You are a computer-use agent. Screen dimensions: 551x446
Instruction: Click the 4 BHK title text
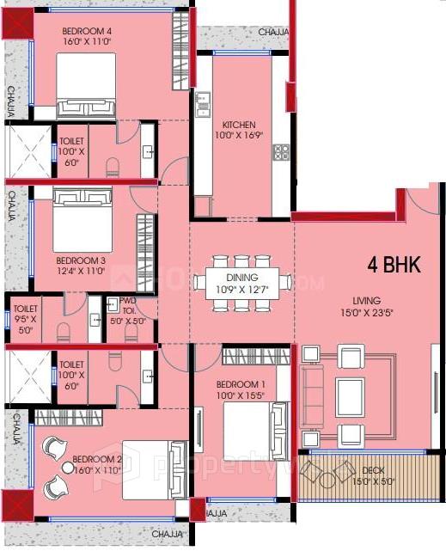pyautogui.click(x=394, y=264)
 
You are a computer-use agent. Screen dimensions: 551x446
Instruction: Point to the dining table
pyautogui.click(x=241, y=282)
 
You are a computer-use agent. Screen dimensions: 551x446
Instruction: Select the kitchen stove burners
pyautogui.click(x=281, y=152)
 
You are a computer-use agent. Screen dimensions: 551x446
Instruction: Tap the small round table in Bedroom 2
pyautogui.click(x=68, y=470)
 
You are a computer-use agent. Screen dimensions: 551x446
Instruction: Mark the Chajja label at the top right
pyautogui.click(x=273, y=33)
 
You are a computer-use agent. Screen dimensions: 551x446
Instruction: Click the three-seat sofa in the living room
pyautogui.click(x=311, y=395)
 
